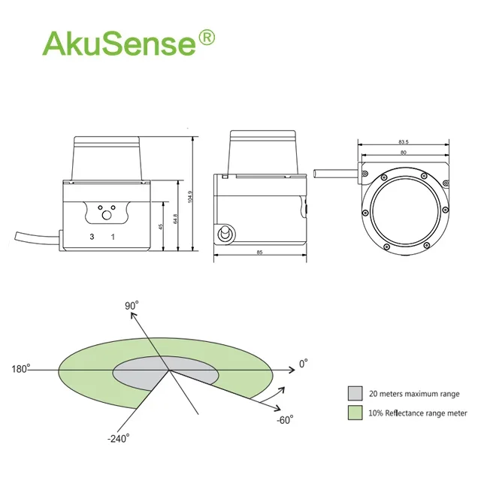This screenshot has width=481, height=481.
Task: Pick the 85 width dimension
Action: pos(259,253)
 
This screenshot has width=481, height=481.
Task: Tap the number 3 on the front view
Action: pos(92,237)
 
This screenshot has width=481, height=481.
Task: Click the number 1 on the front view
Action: pos(113,237)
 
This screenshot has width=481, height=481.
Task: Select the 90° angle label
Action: pos(133,306)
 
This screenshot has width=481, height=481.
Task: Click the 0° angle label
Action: pos(304,364)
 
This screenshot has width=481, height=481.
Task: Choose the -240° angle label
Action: pos(119,437)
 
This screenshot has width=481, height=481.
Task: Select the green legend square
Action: pos(354,413)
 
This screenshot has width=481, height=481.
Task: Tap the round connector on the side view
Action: pos(223,235)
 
